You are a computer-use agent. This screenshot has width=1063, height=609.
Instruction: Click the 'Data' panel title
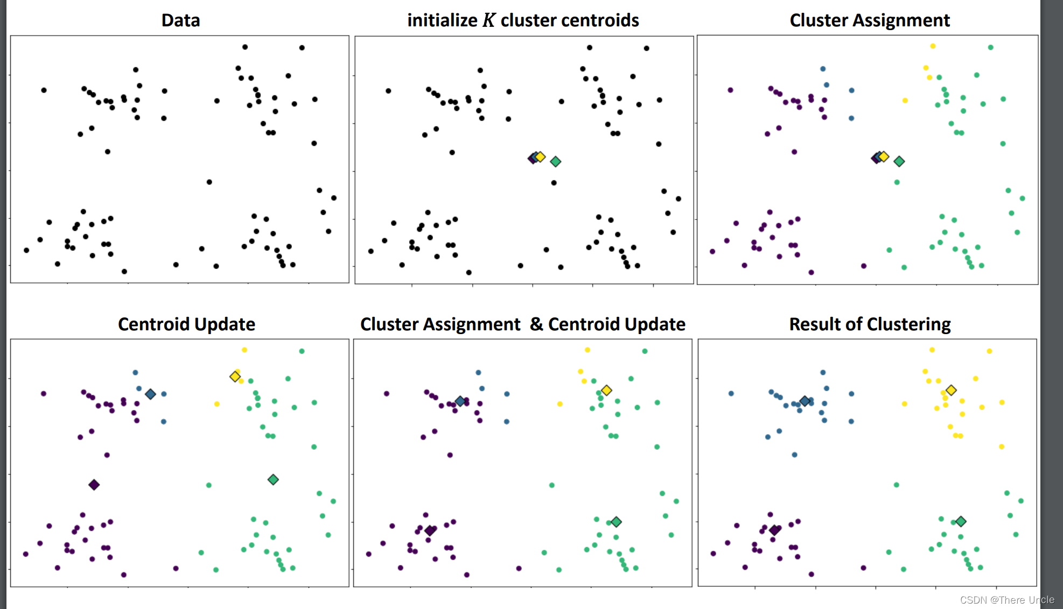(180, 20)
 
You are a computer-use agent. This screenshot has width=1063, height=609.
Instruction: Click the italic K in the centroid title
(488, 20)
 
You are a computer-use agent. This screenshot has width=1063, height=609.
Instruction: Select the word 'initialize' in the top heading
(442, 20)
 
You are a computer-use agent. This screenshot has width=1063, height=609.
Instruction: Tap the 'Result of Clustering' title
(870, 324)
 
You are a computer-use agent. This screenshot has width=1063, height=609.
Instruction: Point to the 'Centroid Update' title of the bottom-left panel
(186, 324)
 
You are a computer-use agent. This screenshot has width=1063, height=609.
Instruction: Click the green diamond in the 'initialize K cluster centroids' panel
(556, 161)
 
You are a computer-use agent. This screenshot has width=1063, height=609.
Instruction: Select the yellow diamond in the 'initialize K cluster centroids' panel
(540, 157)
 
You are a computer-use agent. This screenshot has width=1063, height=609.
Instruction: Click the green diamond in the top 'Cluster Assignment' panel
(899, 161)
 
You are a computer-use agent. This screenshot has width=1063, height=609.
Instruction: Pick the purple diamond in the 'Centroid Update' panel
(94, 485)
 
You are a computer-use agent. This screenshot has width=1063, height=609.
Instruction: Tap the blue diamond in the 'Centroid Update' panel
(150, 394)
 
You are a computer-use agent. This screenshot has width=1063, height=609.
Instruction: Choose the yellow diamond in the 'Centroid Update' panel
(235, 376)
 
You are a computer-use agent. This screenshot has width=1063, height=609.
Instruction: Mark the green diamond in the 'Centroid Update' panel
(273, 479)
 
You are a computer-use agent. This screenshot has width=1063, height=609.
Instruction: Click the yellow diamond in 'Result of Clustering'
(951, 390)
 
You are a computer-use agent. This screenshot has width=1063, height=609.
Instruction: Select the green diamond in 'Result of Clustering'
(961, 521)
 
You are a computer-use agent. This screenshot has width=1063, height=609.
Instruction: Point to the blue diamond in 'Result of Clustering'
(805, 401)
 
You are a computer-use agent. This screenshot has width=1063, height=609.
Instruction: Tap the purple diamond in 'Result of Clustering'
(774, 530)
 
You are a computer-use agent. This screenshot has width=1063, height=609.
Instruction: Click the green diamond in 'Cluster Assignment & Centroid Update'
(617, 522)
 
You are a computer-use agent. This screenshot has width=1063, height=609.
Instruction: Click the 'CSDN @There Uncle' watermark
(1007, 600)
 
